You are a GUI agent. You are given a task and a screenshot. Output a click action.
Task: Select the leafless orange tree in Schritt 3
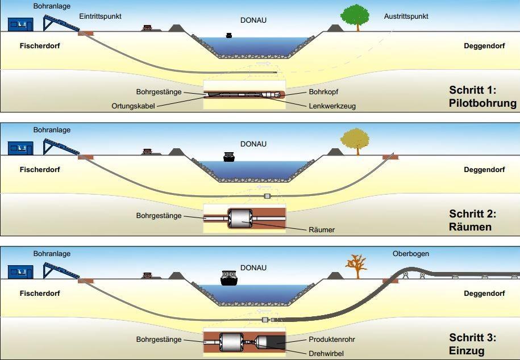(x=356, y=265)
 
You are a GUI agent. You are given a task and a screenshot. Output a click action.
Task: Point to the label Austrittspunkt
(x=406, y=16)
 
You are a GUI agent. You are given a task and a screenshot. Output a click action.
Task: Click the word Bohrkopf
(x=324, y=91)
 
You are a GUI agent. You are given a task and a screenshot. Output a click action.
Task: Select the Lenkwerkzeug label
(x=332, y=106)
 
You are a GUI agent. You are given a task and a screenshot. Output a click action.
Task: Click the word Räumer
(x=321, y=230)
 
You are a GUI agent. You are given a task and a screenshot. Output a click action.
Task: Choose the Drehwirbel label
(x=326, y=353)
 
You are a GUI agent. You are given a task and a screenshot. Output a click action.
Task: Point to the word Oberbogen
(x=410, y=254)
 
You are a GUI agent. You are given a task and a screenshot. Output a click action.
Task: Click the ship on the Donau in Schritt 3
(x=228, y=278)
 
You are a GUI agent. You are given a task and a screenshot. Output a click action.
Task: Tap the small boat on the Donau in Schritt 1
(x=229, y=35)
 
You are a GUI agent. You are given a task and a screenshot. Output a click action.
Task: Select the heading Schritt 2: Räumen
(x=472, y=220)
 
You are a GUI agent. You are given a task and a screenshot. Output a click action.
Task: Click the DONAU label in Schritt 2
(x=253, y=144)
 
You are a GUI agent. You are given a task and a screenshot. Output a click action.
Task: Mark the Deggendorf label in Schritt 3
(x=484, y=294)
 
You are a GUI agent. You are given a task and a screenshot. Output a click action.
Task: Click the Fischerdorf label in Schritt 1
(x=39, y=46)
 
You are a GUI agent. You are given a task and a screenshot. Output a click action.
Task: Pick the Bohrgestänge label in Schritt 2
(x=159, y=216)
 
